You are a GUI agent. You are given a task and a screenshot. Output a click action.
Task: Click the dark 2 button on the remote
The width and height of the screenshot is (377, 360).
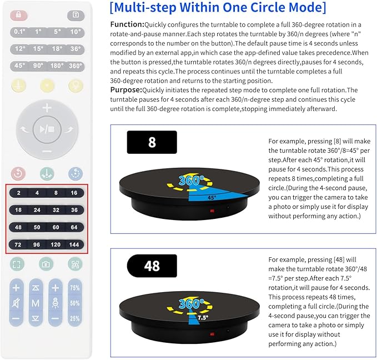pyautogui.click(x=18, y=192)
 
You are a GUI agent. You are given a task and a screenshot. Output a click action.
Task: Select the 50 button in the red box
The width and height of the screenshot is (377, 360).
pyautogui.click(x=37, y=227)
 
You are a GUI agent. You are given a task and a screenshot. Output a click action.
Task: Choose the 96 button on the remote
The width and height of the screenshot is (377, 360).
pyautogui.click(x=37, y=244)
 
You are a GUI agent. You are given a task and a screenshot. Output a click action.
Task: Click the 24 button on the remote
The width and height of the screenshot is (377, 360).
pyautogui.click(x=37, y=210)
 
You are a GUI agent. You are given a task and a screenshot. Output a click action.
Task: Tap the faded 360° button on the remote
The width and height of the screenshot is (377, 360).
pyautogui.click(x=76, y=66)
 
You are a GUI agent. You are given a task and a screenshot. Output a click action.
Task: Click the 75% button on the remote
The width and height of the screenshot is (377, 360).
pyautogui.click(x=75, y=288)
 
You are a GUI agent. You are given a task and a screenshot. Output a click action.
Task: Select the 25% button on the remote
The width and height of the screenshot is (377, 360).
pyautogui.click(x=75, y=319)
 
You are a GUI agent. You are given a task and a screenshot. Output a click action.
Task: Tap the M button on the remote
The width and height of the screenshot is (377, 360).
pyautogui.click(x=36, y=303)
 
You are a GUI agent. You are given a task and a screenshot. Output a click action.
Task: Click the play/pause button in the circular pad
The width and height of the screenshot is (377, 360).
pyautogui.click(x=47, y=129)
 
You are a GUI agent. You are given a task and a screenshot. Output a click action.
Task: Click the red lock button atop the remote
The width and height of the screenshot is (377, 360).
pyautogui.click(x=19, y=16)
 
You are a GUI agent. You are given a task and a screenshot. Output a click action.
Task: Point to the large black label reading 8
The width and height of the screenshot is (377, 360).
pyautogui.click(x=152, y=142)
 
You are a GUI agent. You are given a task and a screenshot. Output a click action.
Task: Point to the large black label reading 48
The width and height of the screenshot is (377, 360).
pyautogui.click(x=152, y=266)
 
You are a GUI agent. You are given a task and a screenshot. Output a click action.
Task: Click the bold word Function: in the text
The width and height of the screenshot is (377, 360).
pyautogui.click(x=127, y=24)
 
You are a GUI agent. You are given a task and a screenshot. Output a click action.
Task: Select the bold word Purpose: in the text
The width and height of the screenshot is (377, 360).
pyautogui.click(x=126, y=89)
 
